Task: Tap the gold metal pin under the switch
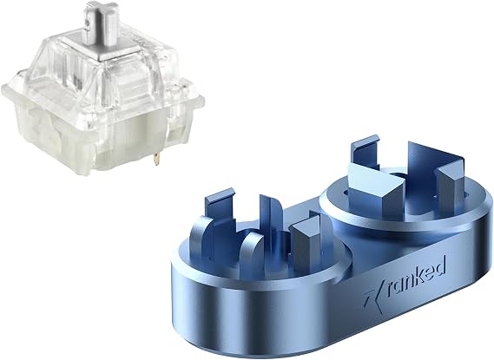click(155, 159)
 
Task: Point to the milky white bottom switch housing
click(101, 139)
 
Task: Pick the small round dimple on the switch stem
click(86, 23)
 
